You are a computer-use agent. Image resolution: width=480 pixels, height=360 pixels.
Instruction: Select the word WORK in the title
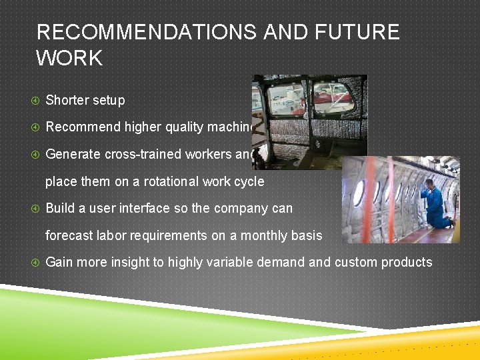coord(69,58)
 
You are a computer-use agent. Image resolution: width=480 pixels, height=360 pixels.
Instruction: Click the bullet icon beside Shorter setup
coord(35,101)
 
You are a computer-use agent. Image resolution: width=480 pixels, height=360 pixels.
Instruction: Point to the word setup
coord(109,101)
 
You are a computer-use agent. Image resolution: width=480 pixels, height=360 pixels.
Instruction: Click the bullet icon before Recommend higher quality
coord(35,127)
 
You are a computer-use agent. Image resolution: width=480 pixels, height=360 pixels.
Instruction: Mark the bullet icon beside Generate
coord(35,154)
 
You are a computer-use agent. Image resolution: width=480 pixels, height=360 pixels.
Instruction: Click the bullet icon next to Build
coord(35,209)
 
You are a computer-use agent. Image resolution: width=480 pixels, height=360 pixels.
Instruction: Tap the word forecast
coord(69,235)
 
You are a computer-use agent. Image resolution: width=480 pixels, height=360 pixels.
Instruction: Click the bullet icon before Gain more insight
coord(35,263)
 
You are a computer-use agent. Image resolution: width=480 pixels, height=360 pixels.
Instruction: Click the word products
coord(407,263)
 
